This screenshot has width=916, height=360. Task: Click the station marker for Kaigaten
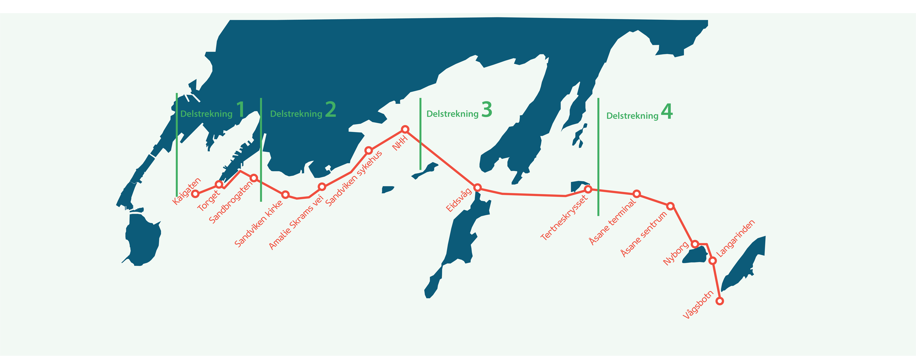pyautogui.click(x=195, y=194)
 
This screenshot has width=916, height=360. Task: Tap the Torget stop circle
pyautogui.click(x=219, y=184)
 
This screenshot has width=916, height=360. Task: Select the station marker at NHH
pyautogui.click(x=405, y=129)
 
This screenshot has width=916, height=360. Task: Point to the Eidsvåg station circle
pyautogui.click(x=478, y=187)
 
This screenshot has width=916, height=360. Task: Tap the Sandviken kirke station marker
pyautogui.click(x=285, y=195)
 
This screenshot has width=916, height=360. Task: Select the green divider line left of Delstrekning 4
pyautogui.click(x=598, y=157)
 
